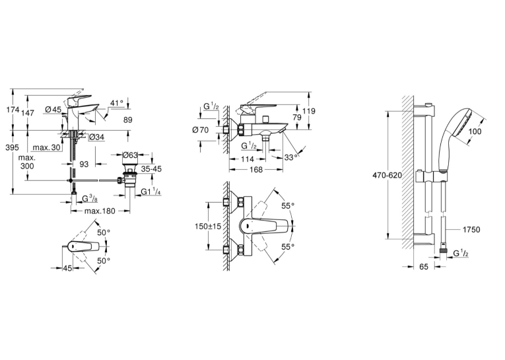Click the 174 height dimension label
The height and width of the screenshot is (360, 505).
13,110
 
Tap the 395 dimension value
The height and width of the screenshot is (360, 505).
13,147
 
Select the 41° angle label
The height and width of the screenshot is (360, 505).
117,103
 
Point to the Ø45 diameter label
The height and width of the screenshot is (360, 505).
53,110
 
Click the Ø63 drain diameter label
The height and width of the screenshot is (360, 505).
130,155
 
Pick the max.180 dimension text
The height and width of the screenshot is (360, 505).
100,211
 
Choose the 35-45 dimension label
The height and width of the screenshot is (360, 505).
151,169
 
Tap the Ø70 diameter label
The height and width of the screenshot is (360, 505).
200,130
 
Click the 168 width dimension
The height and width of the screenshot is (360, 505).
256,170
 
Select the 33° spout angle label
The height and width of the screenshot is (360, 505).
291,158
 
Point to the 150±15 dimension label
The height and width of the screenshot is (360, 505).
208,227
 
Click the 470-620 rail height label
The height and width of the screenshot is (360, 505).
387,175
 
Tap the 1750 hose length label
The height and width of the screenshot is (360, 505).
471,229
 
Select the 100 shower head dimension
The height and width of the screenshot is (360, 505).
475,131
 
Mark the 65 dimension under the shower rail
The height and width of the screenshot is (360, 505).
424,267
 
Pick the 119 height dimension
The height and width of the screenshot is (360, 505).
309,111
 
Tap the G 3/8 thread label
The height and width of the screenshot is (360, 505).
90,199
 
